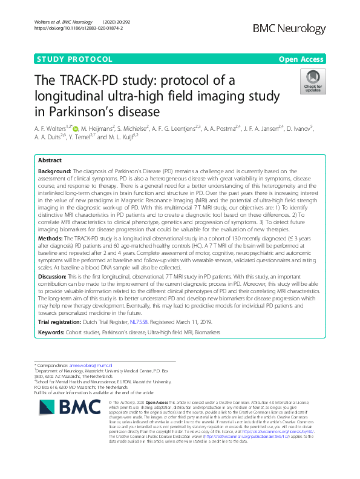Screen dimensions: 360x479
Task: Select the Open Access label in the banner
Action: tap(302, 59)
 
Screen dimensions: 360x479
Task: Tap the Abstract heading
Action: tap(50, 161)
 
